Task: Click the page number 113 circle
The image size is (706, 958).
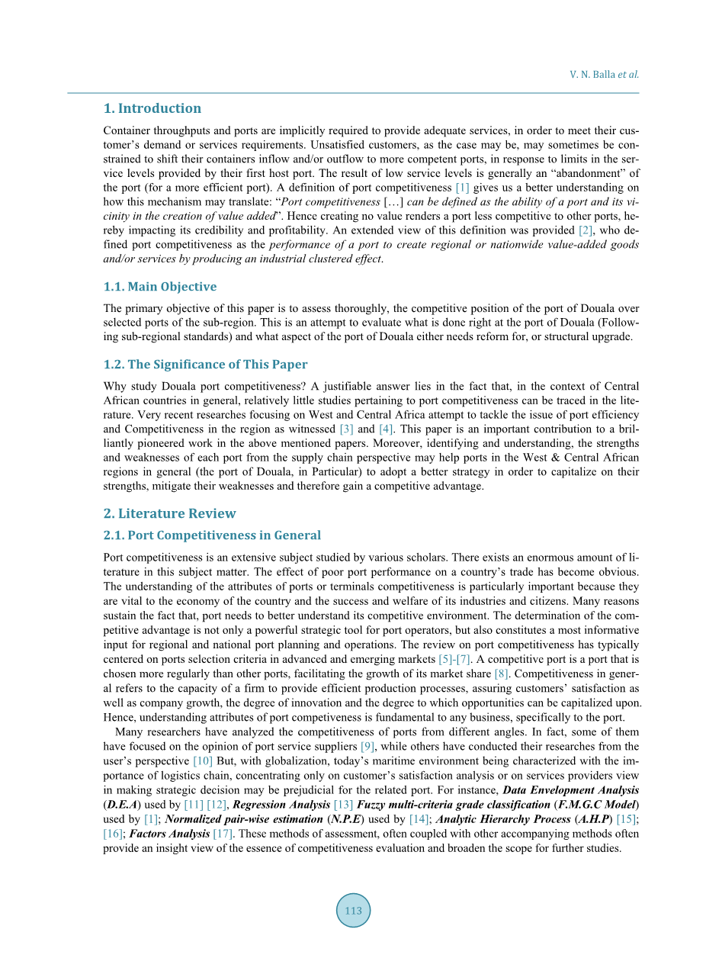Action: click(x=353, y=910)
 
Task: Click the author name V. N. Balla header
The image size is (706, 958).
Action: click(x=604, y=75)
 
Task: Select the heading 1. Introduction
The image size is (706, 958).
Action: click(x=152, y=108)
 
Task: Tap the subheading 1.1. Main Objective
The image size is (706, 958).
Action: click(x=160, y=287)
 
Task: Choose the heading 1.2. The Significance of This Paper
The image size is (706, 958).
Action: click(x=206, y=365)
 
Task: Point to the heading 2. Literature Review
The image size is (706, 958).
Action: click(x=170, y=513)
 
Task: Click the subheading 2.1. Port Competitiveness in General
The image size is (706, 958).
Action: click(x=212, y=535)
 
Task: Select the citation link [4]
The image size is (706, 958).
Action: click(x=387, y=429)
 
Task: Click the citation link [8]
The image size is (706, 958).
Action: click(x=501, y=673)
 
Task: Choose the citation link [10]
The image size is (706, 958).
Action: click(x=202, y=760)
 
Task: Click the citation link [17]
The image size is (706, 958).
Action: click(x=222, y=833)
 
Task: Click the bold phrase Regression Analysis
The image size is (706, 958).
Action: click(x=283, y=804)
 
